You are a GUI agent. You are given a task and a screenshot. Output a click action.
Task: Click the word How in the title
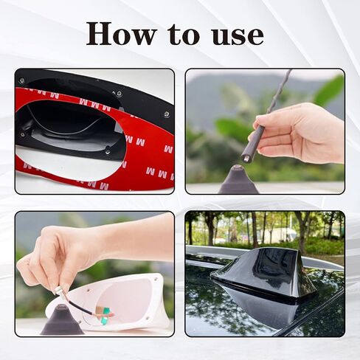[x=121, y=34]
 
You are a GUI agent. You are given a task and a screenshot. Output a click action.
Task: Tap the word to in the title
[x=183, y=35]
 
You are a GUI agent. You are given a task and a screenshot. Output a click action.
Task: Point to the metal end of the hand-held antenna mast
[x=246, y=156]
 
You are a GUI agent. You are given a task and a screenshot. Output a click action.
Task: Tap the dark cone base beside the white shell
[x=62, y=320]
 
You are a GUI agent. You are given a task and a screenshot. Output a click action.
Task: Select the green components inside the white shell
[x=105, y=316]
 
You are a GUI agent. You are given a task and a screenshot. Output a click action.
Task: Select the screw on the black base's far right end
[x=167, y=114]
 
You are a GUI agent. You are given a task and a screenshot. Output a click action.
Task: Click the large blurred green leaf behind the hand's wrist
[x=329, y=91]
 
